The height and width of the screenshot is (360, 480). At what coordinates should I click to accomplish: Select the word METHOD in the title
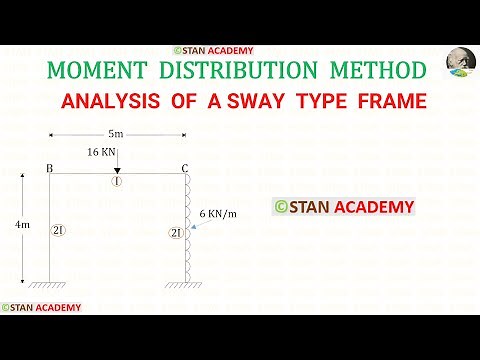pyautogui.click(x=372, y=70)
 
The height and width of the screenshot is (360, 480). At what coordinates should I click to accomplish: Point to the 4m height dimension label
pyautogui.click(x=23, y=227)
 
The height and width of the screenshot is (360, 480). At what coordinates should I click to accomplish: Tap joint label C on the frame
pyautogui.click(x=186, y=169)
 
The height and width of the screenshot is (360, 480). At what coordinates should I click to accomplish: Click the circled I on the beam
pyautogui.click(x=117, y=183)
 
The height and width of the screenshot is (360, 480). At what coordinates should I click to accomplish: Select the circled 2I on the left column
pyautogui.click(x=57, y=231)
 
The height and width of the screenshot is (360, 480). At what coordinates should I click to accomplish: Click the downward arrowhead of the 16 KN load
pyautogui.click(x=117, y=170)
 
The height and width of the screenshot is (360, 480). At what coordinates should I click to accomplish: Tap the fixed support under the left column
pyautogui.click(x=49, y=285)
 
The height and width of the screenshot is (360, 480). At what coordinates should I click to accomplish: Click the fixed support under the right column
pyautogui.click(x=184, y=285)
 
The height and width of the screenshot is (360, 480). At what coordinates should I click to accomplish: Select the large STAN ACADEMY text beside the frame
pyautogui.click(x=344, y=207)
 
